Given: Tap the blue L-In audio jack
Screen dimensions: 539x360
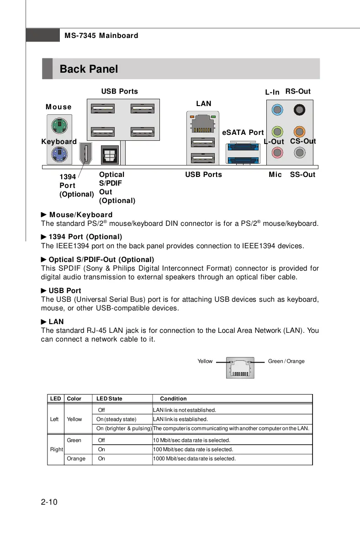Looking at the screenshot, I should (277, 109).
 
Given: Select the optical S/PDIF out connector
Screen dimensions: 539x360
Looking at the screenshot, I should (110, 155).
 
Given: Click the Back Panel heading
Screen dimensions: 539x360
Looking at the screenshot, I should (89, 69).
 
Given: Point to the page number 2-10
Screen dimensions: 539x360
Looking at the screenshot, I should (49, 502).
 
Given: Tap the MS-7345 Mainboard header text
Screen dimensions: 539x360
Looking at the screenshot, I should (101, 35).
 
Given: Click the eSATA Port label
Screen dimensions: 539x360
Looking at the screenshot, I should (243, 133).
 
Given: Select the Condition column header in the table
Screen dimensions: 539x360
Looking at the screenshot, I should (173, 399).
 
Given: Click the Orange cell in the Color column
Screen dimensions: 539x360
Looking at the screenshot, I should (76, 459).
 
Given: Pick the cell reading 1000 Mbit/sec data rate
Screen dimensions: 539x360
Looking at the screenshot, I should (194, 459).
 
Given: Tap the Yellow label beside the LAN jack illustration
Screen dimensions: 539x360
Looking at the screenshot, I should (205, 361).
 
